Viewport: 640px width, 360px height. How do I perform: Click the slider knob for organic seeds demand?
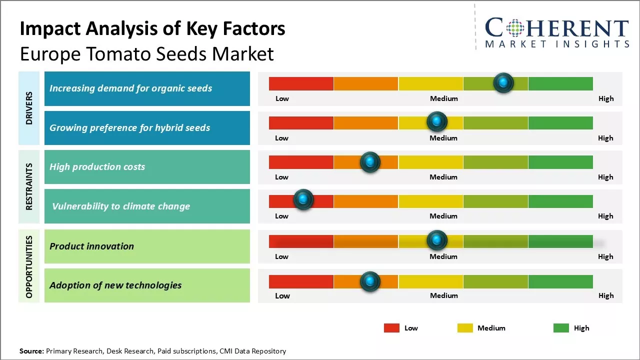(503, 82)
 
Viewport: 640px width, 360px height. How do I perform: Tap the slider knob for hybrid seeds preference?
(437, 121)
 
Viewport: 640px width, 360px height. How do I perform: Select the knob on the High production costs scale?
(370, 161)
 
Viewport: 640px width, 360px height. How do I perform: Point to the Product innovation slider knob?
(437, 240)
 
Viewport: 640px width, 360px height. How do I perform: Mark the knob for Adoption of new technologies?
(370, 281)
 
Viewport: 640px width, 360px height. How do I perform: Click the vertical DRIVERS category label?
(29, 108)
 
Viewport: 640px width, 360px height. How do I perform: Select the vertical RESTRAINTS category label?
(29, 186)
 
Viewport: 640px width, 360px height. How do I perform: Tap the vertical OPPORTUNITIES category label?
(29, 266)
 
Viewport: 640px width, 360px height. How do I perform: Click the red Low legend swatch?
(391, 328)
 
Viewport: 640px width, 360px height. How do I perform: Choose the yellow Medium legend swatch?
(465, 328)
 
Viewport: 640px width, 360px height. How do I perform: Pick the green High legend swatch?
(561, 328)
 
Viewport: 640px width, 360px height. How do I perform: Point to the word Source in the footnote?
(31, 351)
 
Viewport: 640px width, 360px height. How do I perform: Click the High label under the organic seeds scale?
(606, 98)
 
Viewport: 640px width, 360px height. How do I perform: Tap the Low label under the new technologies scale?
(282, 295)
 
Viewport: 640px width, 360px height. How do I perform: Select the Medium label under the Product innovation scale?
(443, 256)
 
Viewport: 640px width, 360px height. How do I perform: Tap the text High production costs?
(97, 167)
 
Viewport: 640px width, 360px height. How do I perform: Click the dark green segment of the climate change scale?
(560, 201)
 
